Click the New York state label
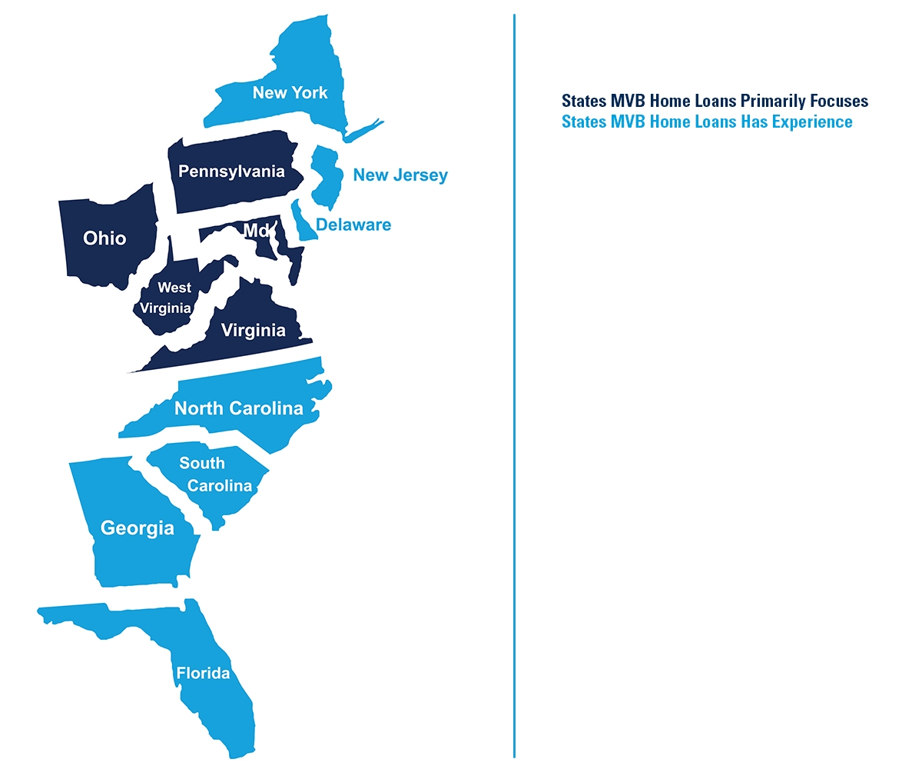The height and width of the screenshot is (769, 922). pos(290,93)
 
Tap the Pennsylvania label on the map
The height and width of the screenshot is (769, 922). pos(231,171)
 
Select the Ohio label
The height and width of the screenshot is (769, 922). pos(104,238)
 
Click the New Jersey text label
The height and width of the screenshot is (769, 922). pos(400,175)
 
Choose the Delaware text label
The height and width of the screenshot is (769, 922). pos(353,225)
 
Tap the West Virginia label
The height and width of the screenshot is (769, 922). pos(166,298)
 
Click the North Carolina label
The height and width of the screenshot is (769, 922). pos(239,408)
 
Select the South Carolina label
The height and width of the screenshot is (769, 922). pos(215,474)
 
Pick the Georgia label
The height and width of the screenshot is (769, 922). pos(138,528)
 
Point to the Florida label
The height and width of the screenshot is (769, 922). pos(203,674)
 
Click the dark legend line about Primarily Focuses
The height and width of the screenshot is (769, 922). pos(715,101)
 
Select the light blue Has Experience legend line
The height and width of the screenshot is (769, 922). pos(707,122)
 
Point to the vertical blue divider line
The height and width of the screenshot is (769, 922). pos(514,384)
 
